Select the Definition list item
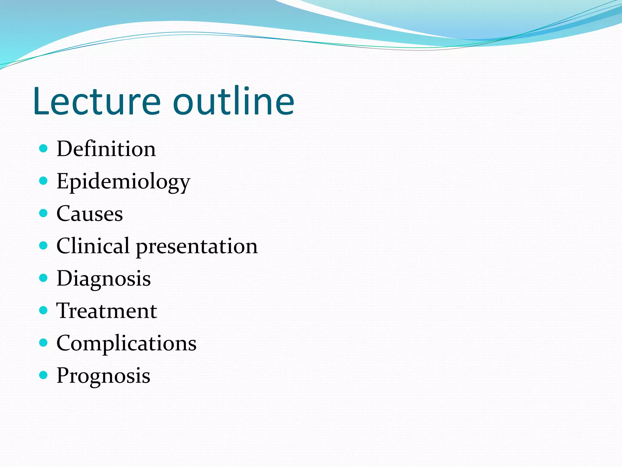106,149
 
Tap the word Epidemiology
123,182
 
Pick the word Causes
90,214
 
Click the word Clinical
93,246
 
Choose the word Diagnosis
104,278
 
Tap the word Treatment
107,311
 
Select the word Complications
126,344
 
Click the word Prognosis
103,376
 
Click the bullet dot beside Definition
44,148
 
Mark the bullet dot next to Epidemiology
44,181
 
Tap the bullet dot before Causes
44,213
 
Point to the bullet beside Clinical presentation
44,246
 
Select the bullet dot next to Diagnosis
44,278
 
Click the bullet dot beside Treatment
44,310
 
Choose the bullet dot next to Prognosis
44,375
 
